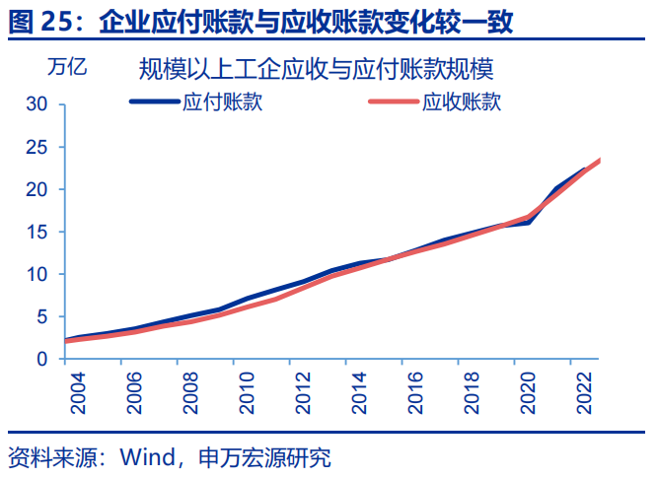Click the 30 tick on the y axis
point(36,103)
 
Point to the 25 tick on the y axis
point(36,147)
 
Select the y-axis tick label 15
point(36,232)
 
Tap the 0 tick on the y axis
point(42,360)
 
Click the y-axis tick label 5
point(42,316)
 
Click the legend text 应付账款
point(222,102)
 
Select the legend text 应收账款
point(462,102)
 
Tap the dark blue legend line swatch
point(154,102)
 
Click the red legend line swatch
point(394,102)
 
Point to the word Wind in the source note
point(145,457)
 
